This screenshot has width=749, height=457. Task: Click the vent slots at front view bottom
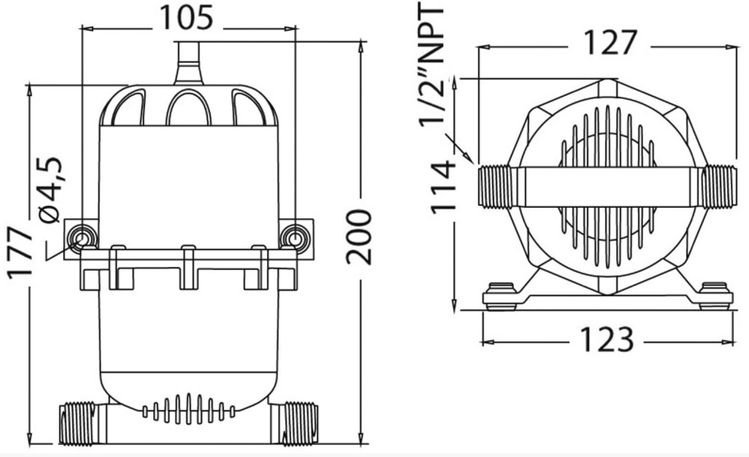pyautogui.click(x=188, y=411)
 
